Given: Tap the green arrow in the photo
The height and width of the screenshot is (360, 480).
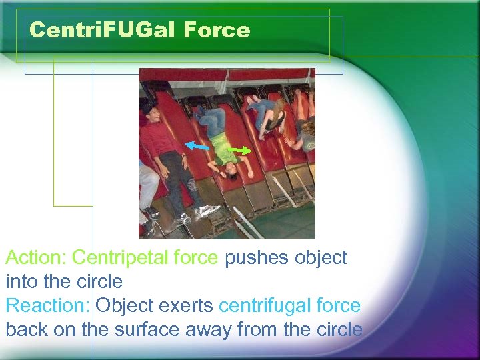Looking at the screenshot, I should pos(241,150).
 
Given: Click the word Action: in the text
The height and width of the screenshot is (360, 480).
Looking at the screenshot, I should pos(35,257).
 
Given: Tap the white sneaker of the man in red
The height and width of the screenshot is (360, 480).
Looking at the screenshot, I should pos(207,211).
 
